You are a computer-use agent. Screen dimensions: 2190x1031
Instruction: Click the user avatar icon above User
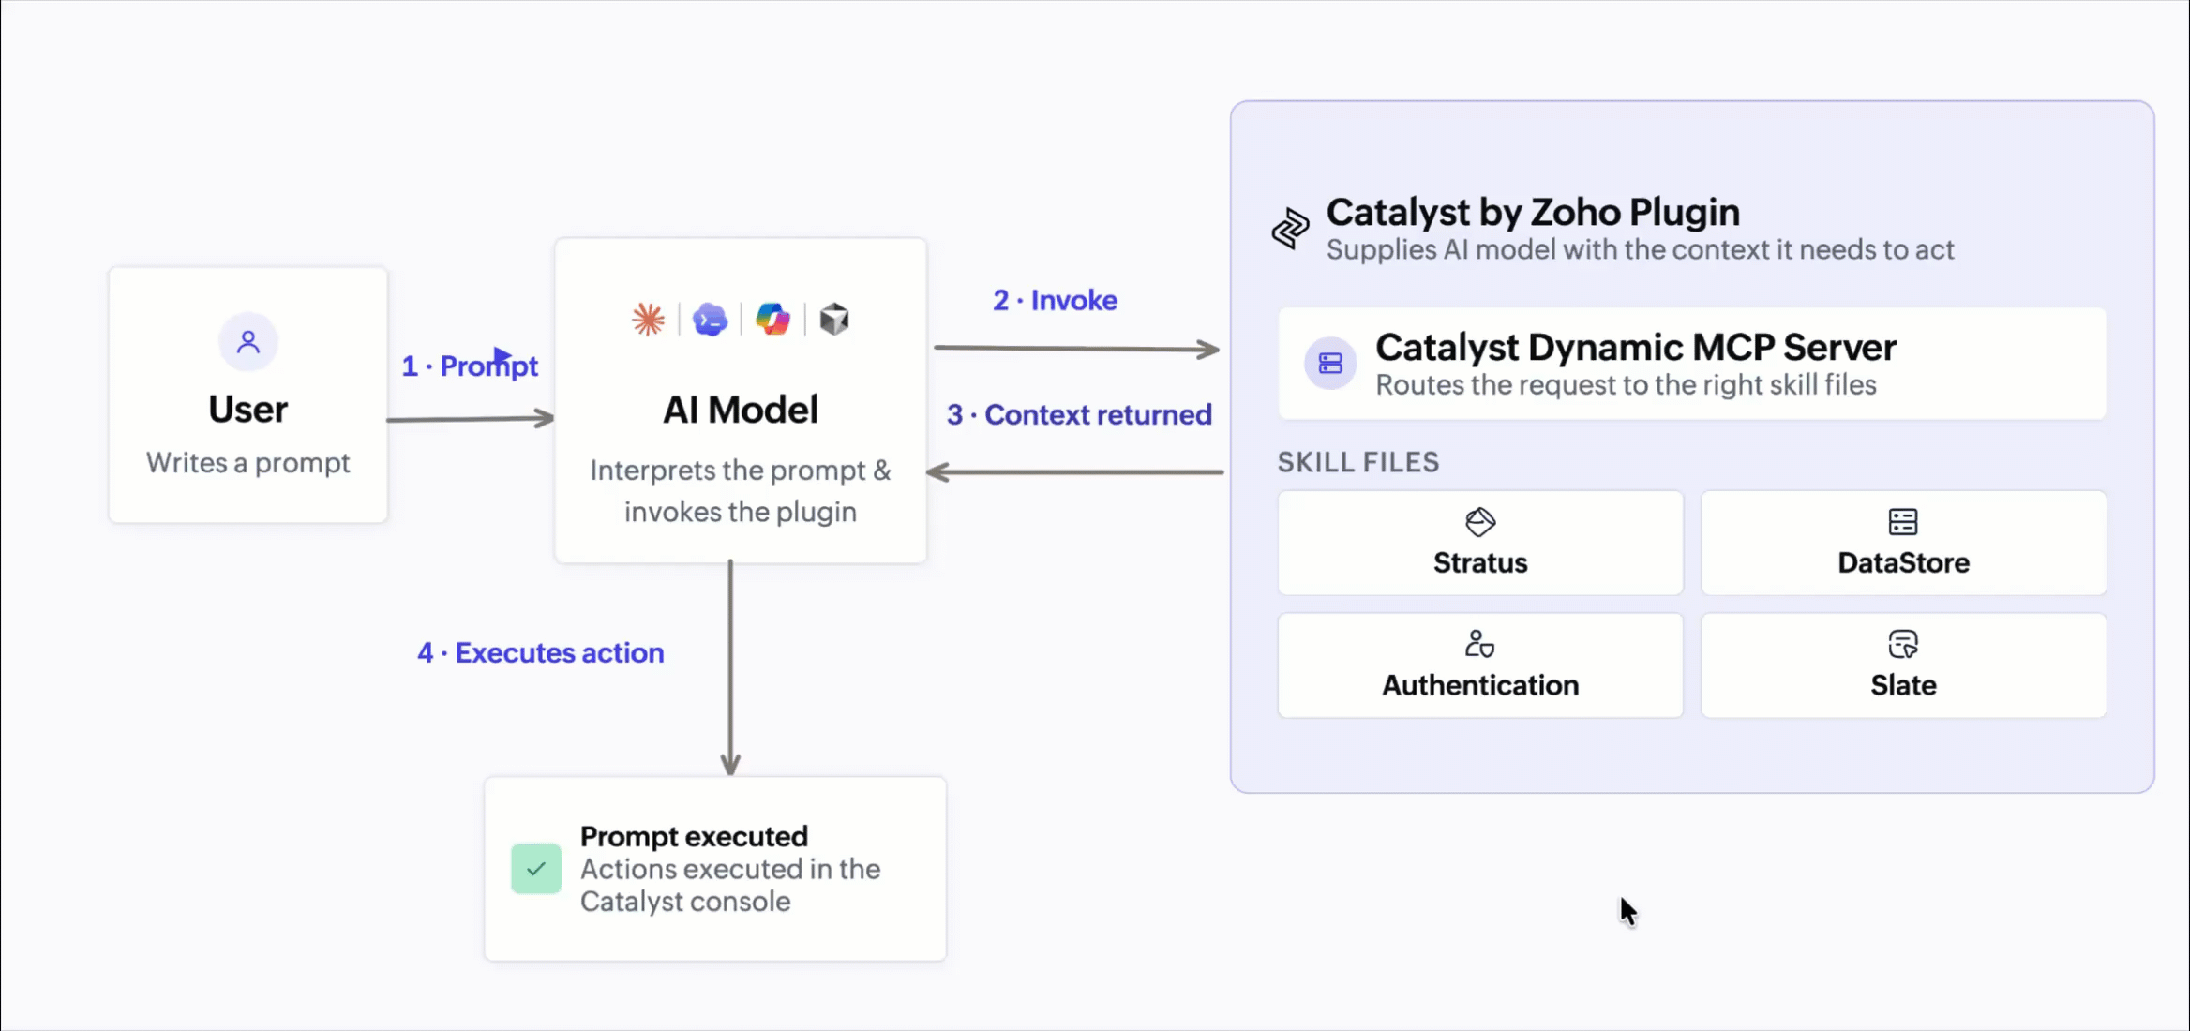click(x=248, y=341)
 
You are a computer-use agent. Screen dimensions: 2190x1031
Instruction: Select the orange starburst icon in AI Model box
click(x=648, y=320)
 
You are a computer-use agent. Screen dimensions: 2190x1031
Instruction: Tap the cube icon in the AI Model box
click(x=834, y=320)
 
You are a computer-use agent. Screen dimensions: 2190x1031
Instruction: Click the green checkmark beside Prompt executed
click(x=536, y=869)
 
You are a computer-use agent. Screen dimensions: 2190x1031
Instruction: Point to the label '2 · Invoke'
click(x=1055, y=300)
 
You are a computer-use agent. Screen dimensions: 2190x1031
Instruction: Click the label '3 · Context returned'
click(x=1079, y=414)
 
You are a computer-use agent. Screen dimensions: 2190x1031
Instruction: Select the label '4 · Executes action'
click(x=540, y=652)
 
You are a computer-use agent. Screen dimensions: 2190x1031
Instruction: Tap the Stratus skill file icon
click(x=1480, y=522)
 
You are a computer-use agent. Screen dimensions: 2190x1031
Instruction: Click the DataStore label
click(x=1903, y=562)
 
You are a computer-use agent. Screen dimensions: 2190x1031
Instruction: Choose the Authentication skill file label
click(x=1480, y=685)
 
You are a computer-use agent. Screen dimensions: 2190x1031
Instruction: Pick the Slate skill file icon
click(x=1903, y=645)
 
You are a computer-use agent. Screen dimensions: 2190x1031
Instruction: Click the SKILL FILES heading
click(x=1357, y=462)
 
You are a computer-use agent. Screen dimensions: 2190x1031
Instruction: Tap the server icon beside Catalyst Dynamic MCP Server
click(x=1330, y=363)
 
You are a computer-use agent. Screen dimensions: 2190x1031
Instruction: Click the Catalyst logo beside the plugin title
click(x=1290, y=229)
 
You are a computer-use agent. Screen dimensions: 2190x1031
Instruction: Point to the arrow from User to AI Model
click(x=471, y=418)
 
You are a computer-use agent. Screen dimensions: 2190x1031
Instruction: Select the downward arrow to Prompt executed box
click(x=730, y=667)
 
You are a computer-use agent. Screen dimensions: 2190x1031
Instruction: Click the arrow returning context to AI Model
click(x=1074, y=472)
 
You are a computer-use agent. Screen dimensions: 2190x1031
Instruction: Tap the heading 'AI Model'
click(x=741, y=410)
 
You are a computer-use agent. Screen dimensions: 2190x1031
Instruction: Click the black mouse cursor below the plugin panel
click(x=1628, y=912)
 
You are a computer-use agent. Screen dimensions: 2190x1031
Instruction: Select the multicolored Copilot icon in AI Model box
click(x=772, y=320)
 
